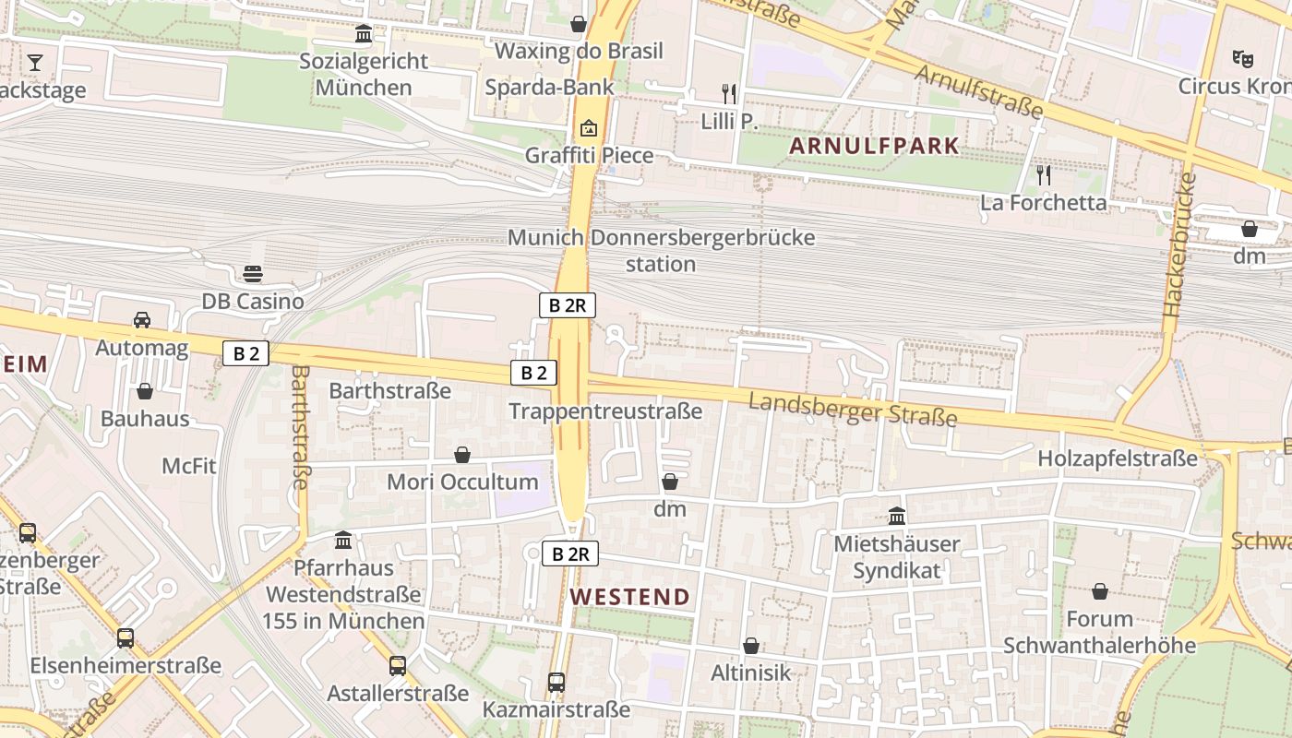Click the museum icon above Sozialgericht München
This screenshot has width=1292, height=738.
pos(364,34)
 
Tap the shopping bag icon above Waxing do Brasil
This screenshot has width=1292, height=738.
pos(579,23)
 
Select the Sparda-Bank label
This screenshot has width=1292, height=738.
pos(549,88)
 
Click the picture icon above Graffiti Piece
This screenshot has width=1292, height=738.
pos(589,128)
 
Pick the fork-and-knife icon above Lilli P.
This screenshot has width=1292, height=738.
pos(729,93)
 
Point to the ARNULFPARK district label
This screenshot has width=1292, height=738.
pos(873,146)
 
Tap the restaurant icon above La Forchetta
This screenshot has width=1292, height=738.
pos(1044,175)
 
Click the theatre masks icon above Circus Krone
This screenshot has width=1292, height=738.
pos(1243,59)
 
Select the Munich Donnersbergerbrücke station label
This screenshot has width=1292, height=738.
pos(661,250)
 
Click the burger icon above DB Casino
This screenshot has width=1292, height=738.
pos(253,274)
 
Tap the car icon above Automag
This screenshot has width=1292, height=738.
pos(142,320)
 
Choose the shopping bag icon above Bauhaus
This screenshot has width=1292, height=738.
pos(145,391)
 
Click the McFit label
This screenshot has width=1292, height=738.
pos(189,466)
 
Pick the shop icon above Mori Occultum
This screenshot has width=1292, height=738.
pos(462,455)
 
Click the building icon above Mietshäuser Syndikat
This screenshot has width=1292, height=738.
pos(896,517)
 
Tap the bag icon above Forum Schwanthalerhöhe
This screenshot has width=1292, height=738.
pos(1099,591)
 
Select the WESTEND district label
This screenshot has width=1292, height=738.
pos(629,597)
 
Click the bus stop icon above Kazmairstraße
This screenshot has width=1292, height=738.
pos(556,683)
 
